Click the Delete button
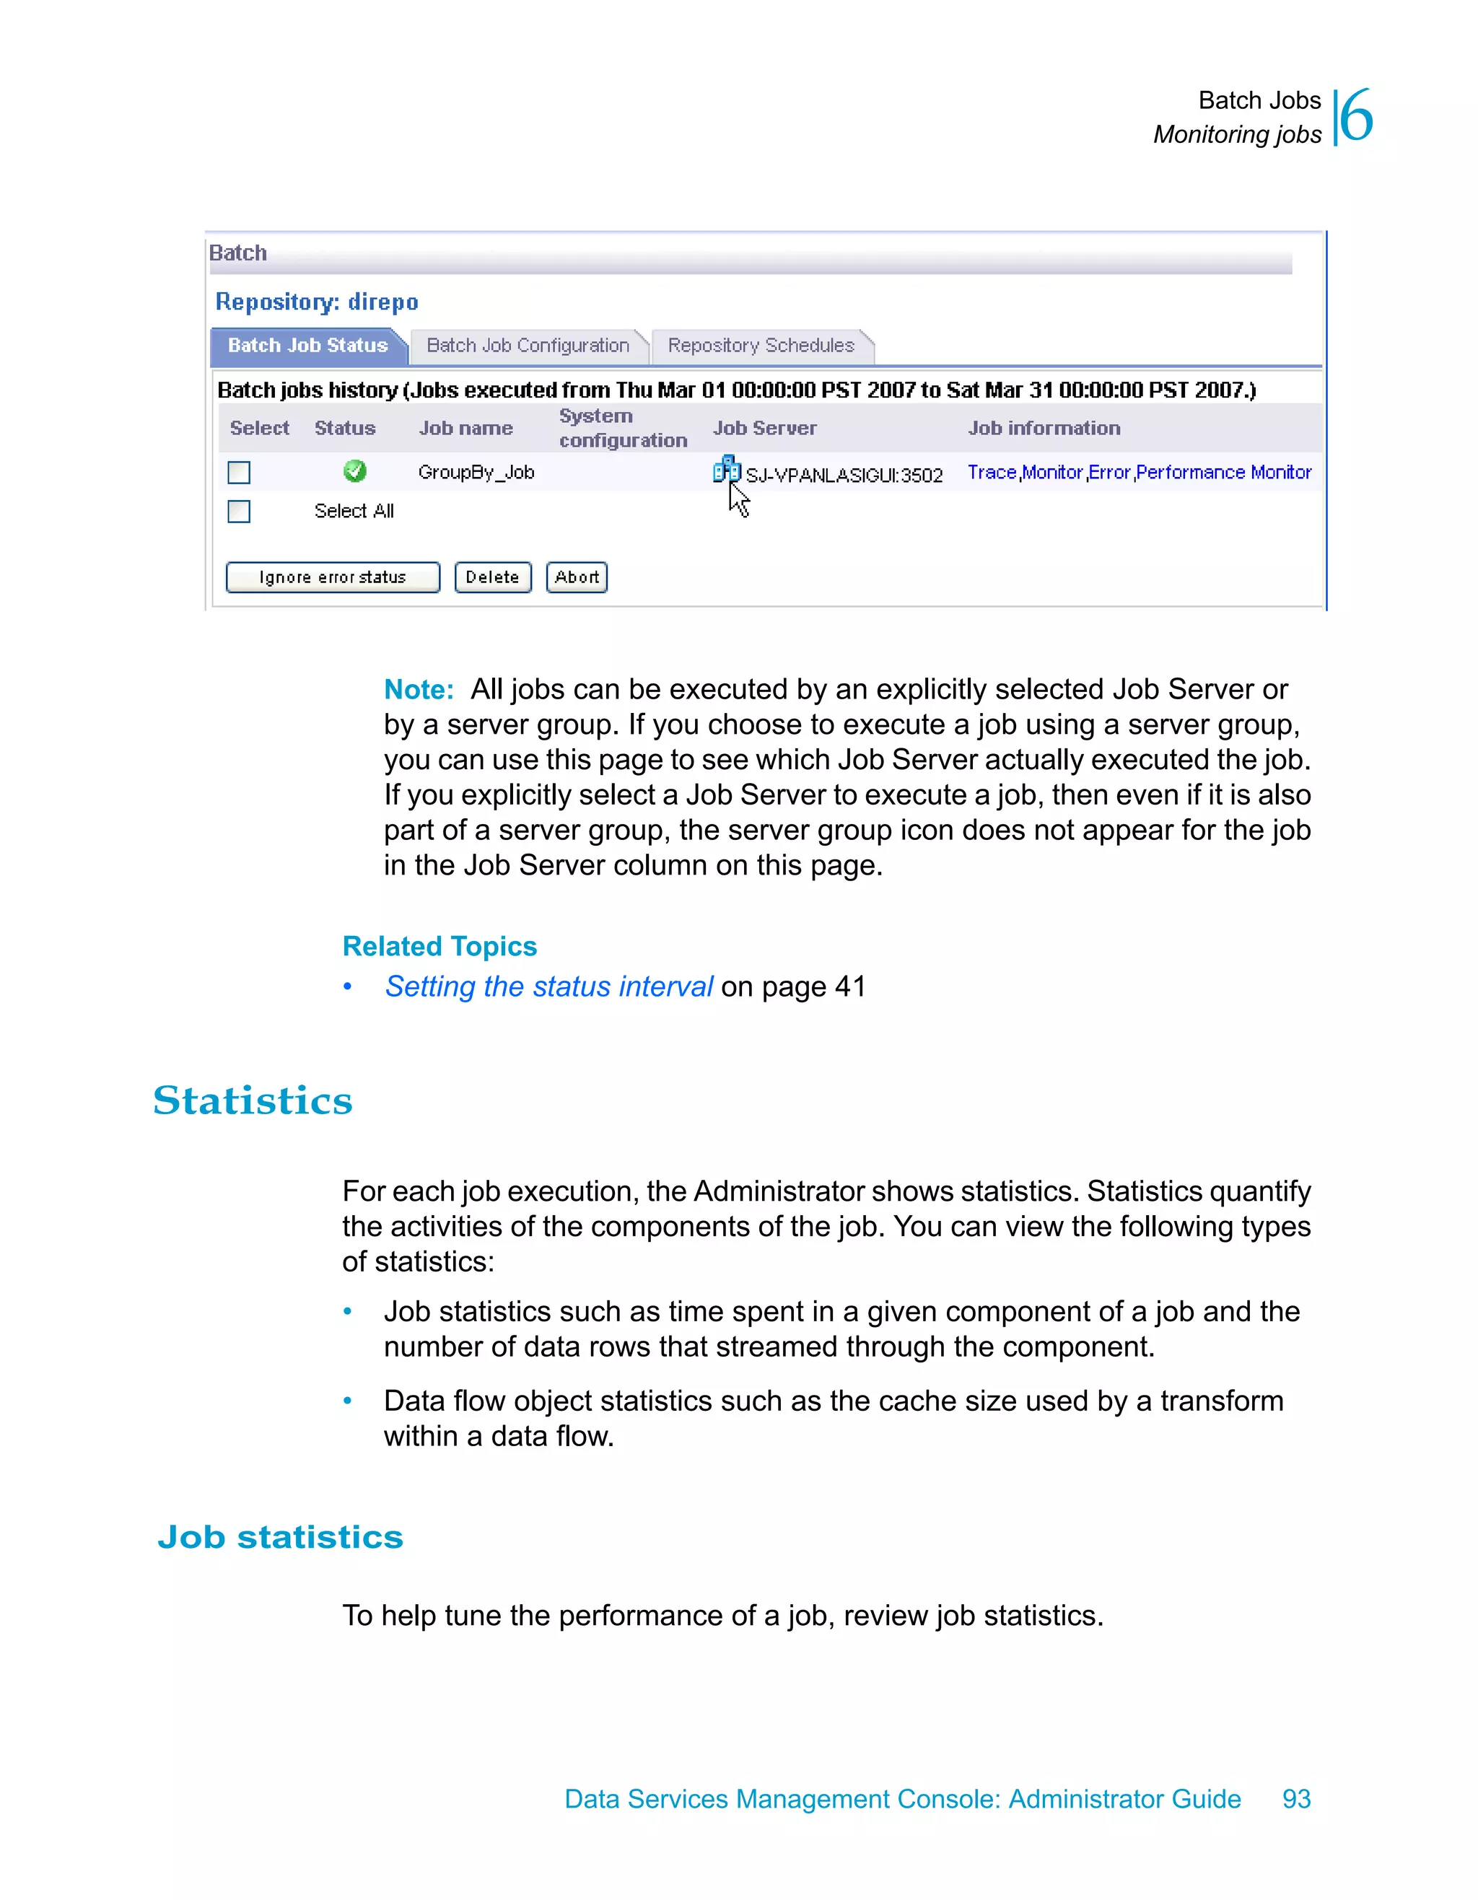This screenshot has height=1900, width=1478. click(492, 578)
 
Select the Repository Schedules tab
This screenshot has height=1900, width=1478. click(761, 346)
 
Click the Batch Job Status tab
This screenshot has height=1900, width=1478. click(307, 346)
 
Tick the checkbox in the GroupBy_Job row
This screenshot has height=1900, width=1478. click(238, 473)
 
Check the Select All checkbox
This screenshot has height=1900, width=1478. click(238, 512)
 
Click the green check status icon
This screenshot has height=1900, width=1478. click(354, 471)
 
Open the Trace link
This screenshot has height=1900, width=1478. click(992, 473)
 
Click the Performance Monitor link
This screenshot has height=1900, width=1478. click(1223, 473)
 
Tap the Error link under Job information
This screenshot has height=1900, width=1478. click(1109, 473)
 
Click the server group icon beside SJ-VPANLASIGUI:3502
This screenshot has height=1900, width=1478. click(725, 470)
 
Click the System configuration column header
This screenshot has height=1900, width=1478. click(622, 428)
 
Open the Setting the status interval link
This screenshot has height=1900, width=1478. click(549, 986)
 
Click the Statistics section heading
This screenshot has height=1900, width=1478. click(253, 1100)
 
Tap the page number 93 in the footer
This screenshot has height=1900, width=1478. click(1296, 1799)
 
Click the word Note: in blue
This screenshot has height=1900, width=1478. click(419, 690)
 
